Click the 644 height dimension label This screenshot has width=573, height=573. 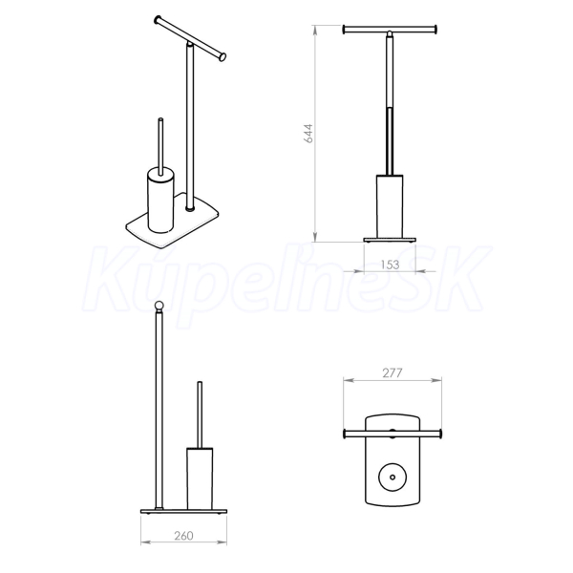coord(308,134)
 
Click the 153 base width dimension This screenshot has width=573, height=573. coord(390,265)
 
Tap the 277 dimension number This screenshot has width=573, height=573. coord(393,372)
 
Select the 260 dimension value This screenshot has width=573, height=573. coord(183,536)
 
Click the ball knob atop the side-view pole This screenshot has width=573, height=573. coord(159,306)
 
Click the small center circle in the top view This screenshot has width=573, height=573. coord(393,477)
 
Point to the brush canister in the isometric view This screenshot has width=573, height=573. coord(160,201)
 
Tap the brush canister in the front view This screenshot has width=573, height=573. coord(390,206)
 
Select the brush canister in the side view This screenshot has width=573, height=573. coord(200,478)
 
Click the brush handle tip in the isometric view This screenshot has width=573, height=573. coord(160,119)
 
